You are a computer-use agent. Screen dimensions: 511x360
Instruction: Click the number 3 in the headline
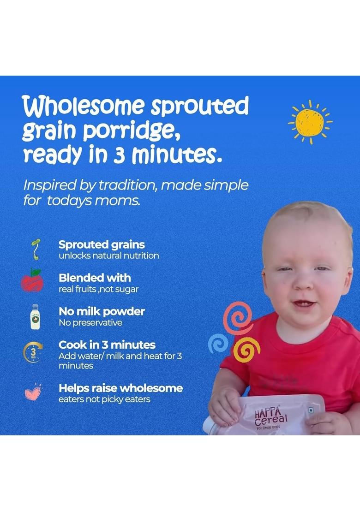click(119, 155)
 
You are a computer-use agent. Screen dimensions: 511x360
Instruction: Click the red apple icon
click(32, 281)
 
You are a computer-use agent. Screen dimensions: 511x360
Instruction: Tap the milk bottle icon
click(35, 316)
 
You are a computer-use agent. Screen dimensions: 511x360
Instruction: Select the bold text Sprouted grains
click(102, 244)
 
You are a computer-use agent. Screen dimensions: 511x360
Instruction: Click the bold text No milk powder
click(102, 311)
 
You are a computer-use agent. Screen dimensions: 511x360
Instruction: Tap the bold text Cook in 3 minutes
click(107, 345)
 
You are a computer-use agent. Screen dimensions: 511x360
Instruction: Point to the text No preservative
click(90, 323)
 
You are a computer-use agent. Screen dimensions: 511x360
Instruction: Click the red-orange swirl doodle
click(237, 318)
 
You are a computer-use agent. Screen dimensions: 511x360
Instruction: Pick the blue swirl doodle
click(218, 343)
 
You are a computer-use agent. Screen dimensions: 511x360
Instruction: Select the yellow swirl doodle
click(246, 350)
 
